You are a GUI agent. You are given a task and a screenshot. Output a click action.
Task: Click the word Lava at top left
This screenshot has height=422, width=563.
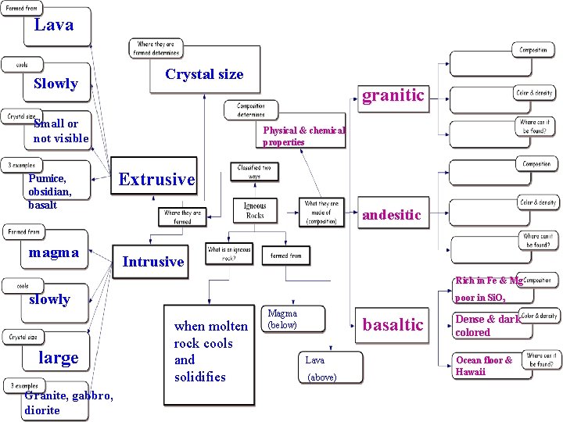coord(54,25)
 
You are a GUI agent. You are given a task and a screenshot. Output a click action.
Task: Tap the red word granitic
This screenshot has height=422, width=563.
coord(393,95)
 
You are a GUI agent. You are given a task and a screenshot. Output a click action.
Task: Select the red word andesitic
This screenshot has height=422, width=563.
coord(391,214)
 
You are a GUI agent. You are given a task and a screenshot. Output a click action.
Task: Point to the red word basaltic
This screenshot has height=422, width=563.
coord(393,324)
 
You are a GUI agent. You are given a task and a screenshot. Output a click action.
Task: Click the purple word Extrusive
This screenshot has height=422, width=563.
coord(156,179)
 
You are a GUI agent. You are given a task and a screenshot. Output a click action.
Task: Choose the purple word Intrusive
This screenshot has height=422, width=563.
coord(153,262)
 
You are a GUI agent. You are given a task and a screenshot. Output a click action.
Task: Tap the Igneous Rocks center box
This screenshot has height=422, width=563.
coord(255,210)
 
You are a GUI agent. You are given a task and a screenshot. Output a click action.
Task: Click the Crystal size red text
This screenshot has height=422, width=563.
coord(204,74)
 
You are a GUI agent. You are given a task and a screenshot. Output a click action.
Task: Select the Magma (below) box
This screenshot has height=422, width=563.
coord(282,319)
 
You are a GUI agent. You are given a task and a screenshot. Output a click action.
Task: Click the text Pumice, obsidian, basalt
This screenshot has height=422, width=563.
coord(50,191)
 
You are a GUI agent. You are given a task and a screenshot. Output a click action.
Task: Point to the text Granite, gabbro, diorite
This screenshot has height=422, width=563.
coord(69,403)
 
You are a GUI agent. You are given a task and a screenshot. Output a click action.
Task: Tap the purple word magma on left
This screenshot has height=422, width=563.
coord(53,252)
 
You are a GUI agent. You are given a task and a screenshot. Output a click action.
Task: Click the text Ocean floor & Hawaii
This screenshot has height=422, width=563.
coord(484,366)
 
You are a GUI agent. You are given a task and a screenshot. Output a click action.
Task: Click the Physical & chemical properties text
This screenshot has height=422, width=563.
coord(303,136)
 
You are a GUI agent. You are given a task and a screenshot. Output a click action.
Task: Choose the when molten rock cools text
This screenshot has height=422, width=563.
coord(210,352)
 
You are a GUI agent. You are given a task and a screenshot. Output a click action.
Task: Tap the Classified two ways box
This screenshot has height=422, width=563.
coord(255,172)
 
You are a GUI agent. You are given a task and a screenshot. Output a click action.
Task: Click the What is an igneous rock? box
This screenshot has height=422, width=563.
coord(229,254)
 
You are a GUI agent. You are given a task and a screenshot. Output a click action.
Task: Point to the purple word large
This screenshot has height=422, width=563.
coord(59,358)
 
